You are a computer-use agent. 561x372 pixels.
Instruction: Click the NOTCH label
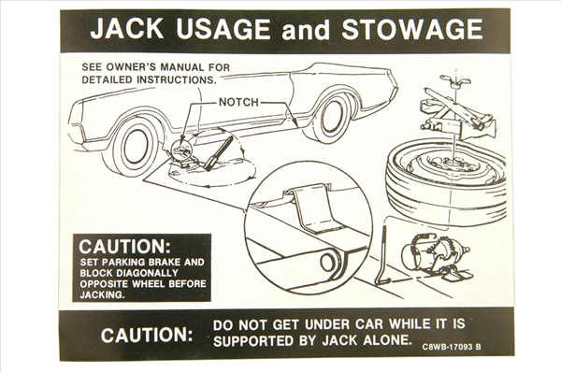click(x=238, y=102)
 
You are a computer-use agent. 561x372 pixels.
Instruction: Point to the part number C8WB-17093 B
click(x=452, y=347)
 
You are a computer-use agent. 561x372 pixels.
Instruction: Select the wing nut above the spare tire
click(x=454, y=80)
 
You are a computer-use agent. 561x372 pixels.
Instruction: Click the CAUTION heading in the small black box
click(x=124, y=247)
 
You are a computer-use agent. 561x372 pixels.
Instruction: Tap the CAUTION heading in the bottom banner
click(x=147, y=336)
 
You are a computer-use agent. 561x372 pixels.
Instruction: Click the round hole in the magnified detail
click(x=327, y=263)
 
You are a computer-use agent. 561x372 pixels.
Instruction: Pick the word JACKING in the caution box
click(x=102, y=294)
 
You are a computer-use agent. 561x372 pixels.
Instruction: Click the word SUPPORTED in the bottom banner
click(x=253, y=341)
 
